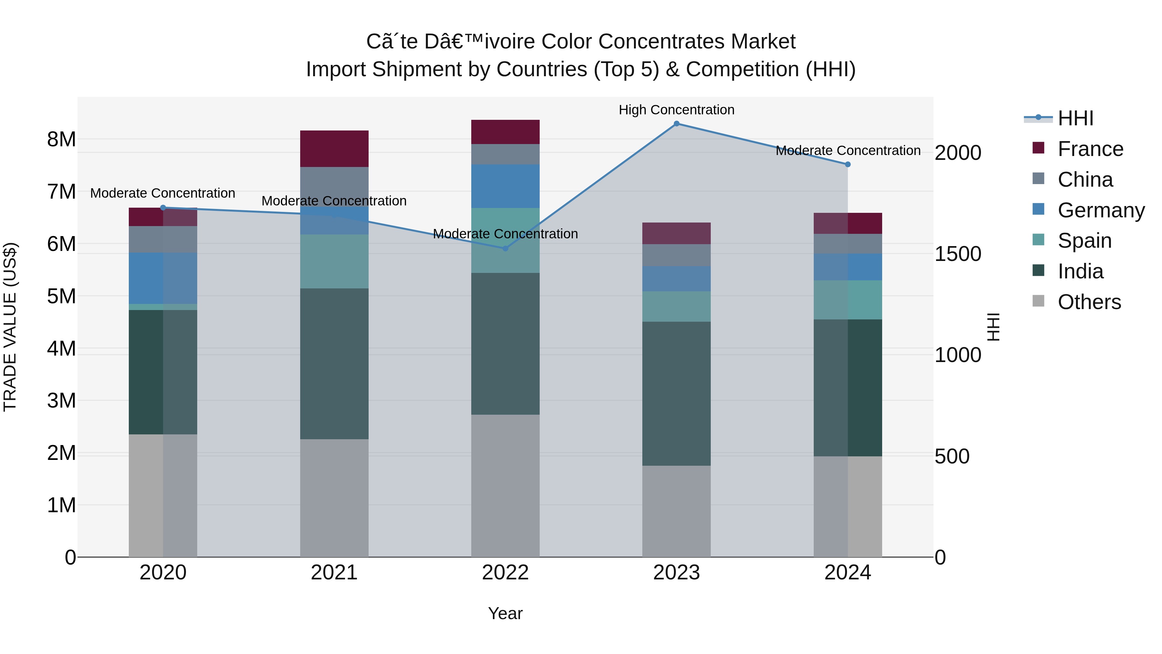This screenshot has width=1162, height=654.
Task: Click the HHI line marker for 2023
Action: [676, 124]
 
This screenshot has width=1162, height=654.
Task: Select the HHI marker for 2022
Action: [505, 248]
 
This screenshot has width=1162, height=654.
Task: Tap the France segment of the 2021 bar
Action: [334, 149]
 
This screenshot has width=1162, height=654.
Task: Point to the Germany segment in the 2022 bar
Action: [505, 186]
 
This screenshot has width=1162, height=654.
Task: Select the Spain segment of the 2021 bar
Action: [334, 261]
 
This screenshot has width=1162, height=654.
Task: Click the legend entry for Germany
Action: [1101, 210]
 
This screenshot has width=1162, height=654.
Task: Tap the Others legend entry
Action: [1089, 302]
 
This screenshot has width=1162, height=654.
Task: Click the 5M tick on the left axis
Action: [61, 296]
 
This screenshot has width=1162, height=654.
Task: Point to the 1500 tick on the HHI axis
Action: [957, 254]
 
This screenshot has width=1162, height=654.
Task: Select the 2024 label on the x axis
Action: [848, 573]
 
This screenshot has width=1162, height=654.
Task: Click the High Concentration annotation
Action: [676, 110]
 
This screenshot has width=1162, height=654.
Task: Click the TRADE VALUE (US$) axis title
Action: [10, 327]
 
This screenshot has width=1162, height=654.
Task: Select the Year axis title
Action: [505, 613]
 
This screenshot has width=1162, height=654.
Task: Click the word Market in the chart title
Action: [763, 42]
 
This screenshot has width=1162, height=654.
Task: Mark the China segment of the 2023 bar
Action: [676, 255]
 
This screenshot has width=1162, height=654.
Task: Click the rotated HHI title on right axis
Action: [993, 327]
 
